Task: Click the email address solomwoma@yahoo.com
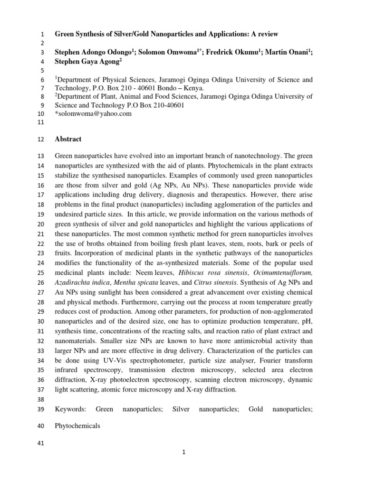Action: click(95, 114)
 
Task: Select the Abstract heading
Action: click(68, 139)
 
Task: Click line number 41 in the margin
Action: click(39, 444)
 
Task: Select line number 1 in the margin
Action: click(42, 34)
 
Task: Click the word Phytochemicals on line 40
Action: click(77, 426)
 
